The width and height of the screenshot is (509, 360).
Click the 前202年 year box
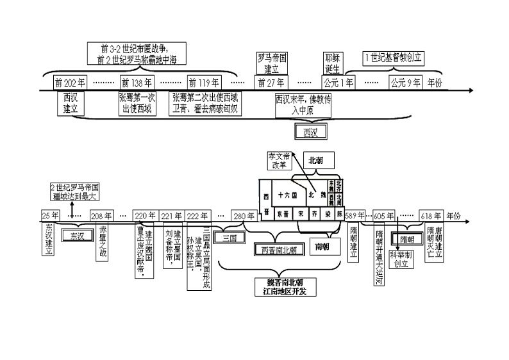(70, 83)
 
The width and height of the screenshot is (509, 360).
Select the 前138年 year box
(137, 83)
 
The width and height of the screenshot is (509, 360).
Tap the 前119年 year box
(204, 83)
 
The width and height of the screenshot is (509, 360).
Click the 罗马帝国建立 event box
(272, 62)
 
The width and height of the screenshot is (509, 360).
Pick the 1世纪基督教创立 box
(393, 58)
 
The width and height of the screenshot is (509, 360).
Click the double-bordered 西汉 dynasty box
(311, 132)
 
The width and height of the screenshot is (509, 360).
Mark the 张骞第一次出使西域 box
(137, 103)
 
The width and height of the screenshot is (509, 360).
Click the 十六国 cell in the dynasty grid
(285, 194)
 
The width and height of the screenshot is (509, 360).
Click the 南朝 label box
(322, 246)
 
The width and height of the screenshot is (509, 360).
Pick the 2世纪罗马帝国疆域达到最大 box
(75, 192)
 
